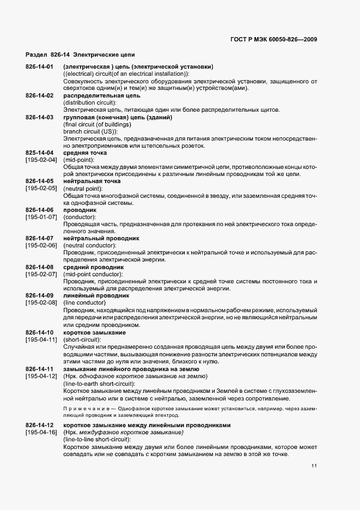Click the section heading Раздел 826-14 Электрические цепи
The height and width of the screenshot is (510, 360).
(81, 55)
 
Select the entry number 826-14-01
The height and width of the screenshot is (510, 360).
(39, 67)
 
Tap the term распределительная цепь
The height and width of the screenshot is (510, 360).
(102, 96)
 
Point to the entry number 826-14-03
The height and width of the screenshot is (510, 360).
(39, 118)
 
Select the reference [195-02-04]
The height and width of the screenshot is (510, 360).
(41, 160)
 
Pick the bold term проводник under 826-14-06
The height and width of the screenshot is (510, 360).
(80, 210)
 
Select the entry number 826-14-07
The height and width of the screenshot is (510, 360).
(39, 238)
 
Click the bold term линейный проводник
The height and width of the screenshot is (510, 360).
(96, 295)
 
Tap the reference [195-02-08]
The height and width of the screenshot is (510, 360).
(41, 302)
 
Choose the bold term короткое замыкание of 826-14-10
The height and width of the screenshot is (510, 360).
(95, 332)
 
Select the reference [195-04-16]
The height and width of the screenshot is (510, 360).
(41, 432)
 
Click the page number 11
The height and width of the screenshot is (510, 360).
(314, 466)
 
